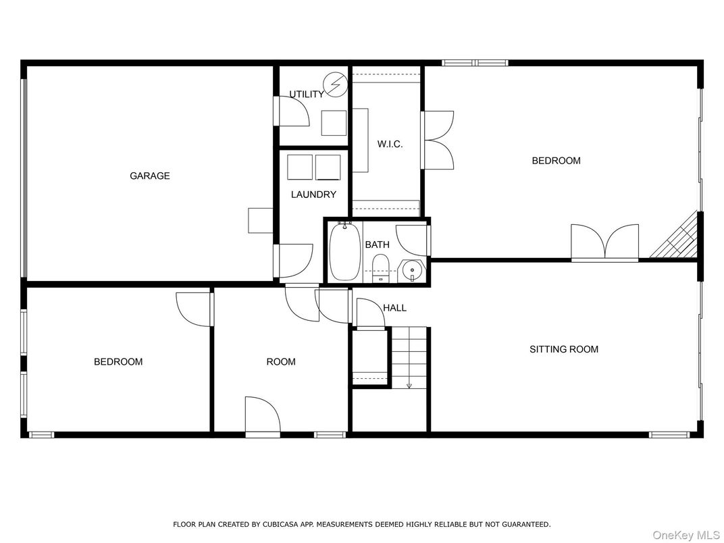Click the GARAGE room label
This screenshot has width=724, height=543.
[x=150, y=176]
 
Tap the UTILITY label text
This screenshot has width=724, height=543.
[x=307, y=95]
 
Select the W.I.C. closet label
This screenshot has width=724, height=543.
[x=390, y=144]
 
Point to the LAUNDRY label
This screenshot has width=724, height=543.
[x=313, y=195]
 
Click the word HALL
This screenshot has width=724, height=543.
[x=394, y=308]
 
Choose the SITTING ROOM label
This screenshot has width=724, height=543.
[x=564, y=349]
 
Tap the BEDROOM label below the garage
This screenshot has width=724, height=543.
[x=118, y=362]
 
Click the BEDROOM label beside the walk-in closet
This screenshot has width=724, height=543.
[x=556, y=161]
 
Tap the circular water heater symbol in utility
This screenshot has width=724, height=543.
[x=334, y=84]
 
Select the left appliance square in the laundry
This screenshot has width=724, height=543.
[x=300, y=167]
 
